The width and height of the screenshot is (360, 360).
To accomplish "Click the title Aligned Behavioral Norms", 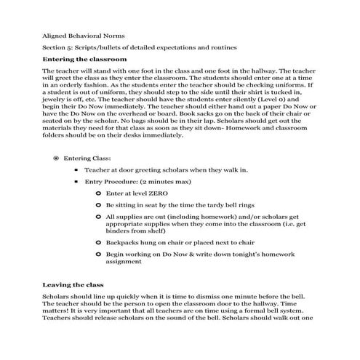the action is (73, 34).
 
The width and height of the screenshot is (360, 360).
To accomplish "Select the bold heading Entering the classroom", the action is (85, 58).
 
